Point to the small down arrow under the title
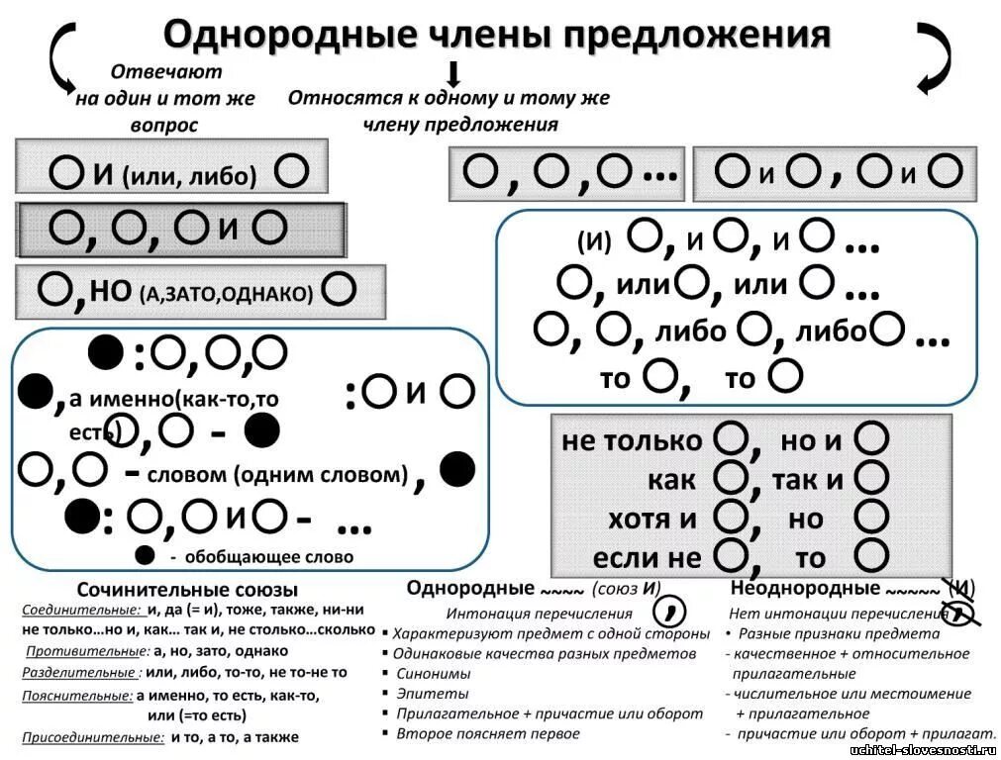click(x=453, y=74)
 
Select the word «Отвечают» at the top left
click(x=166, y=72)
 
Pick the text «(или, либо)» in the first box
click(x=190, y=176)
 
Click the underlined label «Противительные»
click(x=87, y=651)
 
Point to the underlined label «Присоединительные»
click(x=93, y=737)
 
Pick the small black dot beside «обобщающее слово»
click(x=146, y=555)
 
